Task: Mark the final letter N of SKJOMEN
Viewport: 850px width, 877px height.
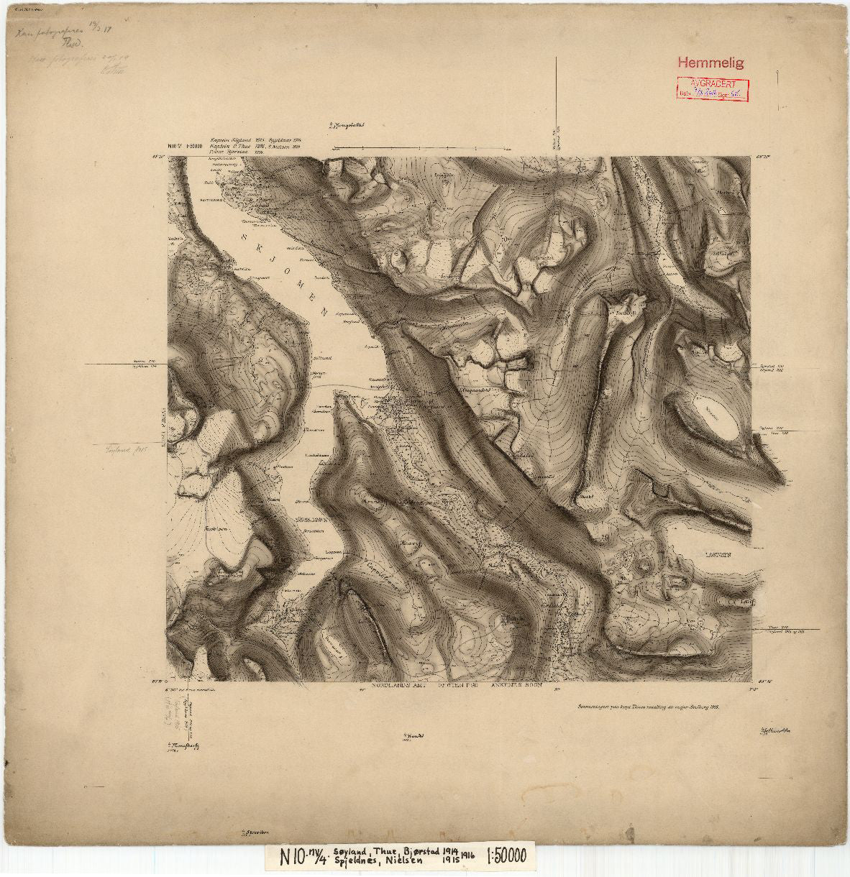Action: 325,313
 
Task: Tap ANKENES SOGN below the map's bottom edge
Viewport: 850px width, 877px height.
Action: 499,687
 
